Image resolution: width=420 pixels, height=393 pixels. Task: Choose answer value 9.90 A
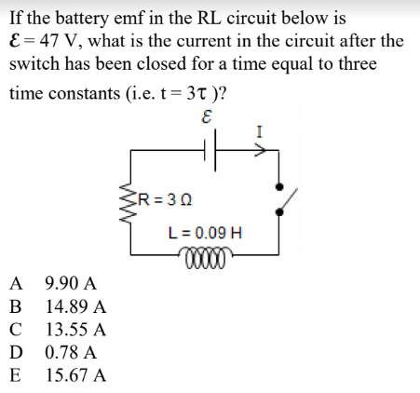click(70, 283)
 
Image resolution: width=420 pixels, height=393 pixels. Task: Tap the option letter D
click(16, 353)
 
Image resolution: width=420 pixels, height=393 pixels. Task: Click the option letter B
click(15, 306)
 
